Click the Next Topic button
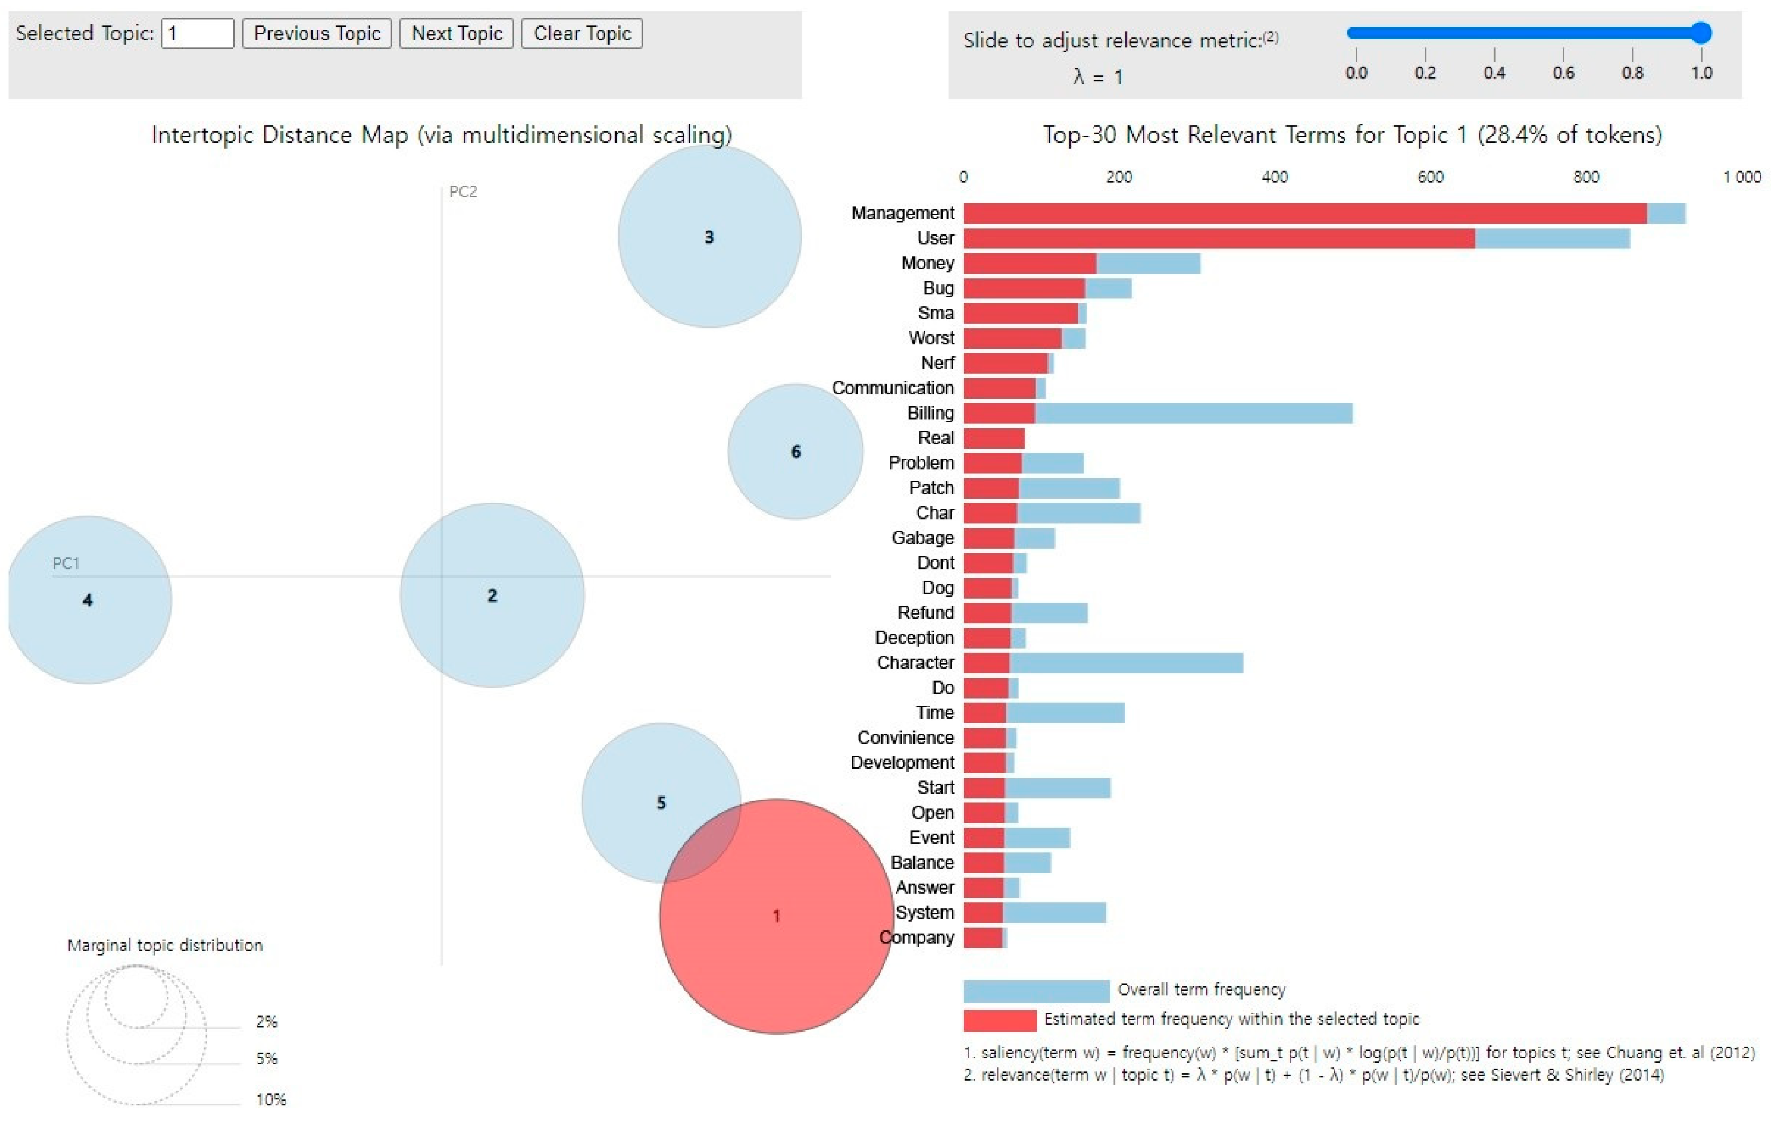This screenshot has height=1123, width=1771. pos(456,34)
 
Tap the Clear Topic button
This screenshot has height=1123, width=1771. pos(582,34)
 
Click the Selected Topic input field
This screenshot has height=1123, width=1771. pos(197,34)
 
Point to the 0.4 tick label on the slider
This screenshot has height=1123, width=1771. pos(1494,73)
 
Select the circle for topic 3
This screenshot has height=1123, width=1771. pos(709,237)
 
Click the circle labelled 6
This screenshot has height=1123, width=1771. pos(795,452)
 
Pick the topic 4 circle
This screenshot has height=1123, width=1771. pos(88,600)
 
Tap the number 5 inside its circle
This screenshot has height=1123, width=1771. pos(661,803)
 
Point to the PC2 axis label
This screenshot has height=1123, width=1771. pos(463,192)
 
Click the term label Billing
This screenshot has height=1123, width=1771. pos(930,413)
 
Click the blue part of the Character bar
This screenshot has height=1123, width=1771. pos(1125,663)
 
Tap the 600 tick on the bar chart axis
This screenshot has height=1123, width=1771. pos(1430,177)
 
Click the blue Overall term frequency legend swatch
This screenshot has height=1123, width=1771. pos(1036,991)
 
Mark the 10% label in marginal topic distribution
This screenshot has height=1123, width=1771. pos(271,1099)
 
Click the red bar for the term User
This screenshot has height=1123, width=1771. pos(1218,238)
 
